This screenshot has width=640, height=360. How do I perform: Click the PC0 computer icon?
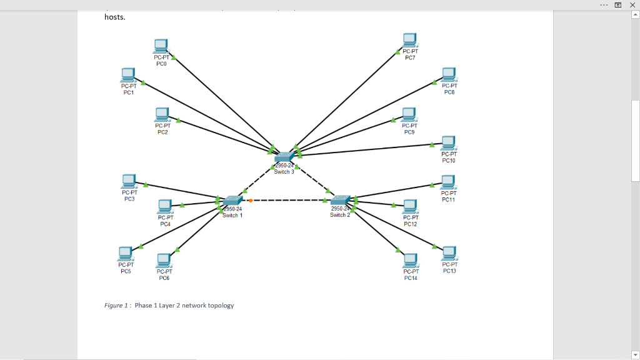(x=161, y=46)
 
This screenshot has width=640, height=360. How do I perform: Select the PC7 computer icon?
(x=409, y=41)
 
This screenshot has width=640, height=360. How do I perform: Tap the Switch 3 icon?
(x=284, y=156)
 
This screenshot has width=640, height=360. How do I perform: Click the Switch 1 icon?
(x=232, y=201)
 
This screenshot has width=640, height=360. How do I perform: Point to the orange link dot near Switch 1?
(x=250, y=201)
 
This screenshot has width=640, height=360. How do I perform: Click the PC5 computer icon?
(x=126, y=253)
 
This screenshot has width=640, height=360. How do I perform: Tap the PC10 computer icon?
(x=448, y=142)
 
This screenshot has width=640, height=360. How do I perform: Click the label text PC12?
(x=410, y=224)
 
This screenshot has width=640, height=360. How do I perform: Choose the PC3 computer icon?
(x=129, y=181)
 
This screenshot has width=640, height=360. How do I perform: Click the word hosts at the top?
(x=115, y=17)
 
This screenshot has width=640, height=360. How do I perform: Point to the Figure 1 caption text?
(x=169, y=306)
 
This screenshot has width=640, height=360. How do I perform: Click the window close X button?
(x=632, y=4)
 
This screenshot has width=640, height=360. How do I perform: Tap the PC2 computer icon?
(x=162, y=114)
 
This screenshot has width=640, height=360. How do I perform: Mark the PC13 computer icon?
(x=449, y=253)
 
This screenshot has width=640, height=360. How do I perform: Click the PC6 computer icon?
(x=164, y=259)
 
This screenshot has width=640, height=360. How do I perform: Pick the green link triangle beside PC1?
(x=144, y=82)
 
